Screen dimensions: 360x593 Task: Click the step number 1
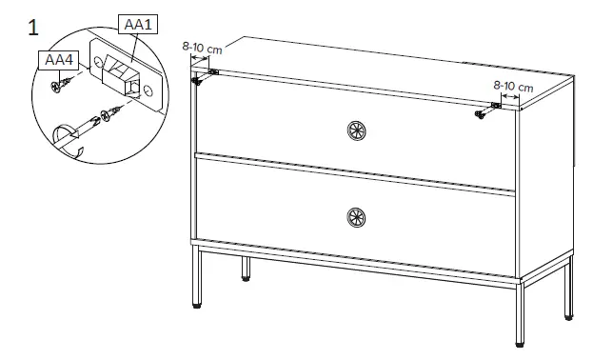33,27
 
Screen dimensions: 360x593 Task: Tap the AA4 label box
56,61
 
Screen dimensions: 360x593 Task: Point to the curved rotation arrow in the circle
69,140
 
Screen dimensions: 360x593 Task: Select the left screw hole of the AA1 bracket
100,66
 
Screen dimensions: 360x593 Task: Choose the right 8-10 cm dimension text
513,86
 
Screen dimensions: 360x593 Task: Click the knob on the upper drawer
356,131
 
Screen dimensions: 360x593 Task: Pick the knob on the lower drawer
356,217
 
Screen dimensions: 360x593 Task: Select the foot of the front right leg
518,340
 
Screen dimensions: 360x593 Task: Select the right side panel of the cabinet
548,171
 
